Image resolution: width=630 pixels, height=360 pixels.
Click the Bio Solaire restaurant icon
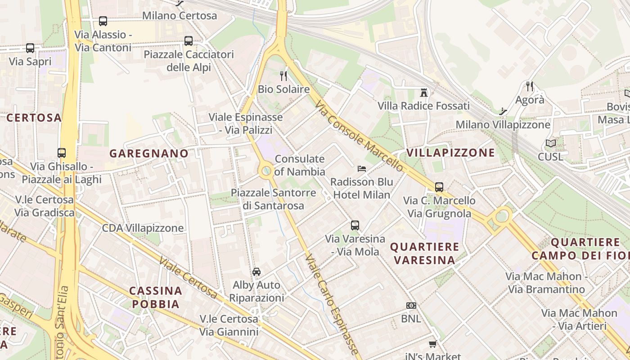click(x=283, y=76)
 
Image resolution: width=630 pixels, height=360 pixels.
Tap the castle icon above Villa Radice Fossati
click(x=423, y=93)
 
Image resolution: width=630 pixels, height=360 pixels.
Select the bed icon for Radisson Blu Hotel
click(x=362, y=169)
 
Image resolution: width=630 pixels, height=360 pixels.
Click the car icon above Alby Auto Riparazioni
click(x=256, y=271)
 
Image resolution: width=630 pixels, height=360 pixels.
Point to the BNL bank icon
click(x=411, y=306)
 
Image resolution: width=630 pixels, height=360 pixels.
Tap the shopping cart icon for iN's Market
click(x=432, y=344)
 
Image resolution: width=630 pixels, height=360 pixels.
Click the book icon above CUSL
click(x=550, y=144)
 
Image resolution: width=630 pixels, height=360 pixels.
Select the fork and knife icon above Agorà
click(x=530, y=86)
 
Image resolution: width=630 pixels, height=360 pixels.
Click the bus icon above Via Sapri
click(x=30, y=48)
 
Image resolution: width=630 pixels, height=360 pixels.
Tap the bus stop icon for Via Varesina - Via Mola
click(x=355, y=225)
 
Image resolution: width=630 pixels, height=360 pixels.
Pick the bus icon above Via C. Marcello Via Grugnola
click(x=439, y=187)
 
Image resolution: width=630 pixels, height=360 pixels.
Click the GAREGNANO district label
click(x=149, y=153)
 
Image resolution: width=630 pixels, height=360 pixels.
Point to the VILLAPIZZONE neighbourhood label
click(x=450, y=153)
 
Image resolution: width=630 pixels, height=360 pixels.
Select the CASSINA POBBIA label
click(x=156, y=297)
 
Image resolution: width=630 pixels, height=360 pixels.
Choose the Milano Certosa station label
click(x=180, y=16)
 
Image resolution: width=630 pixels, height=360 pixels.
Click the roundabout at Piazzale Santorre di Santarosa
click(x=266, y=171)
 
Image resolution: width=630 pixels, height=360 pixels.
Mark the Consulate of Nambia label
click(x=300, y=165)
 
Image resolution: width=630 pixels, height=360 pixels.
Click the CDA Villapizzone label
click(x=143, y=228)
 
